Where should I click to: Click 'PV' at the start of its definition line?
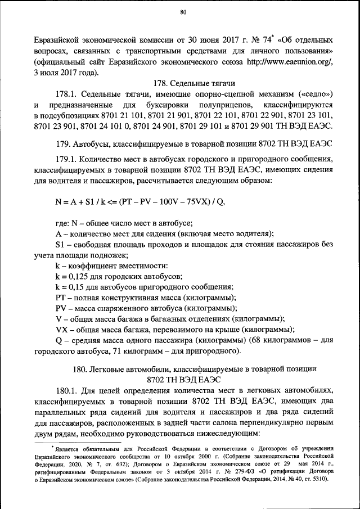[61, 308]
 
